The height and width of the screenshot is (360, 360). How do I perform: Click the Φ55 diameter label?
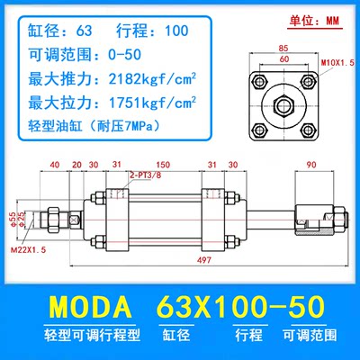coord(13,217)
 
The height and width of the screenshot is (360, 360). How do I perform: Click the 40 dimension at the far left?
coord(55,165)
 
